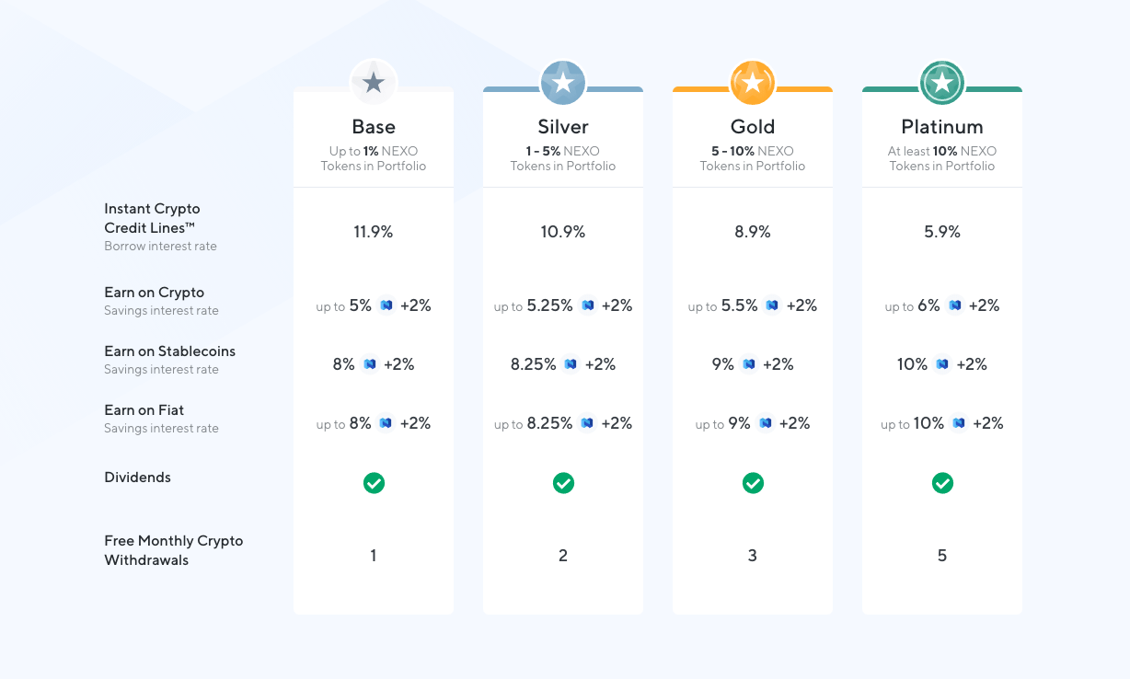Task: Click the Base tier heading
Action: click(373, 127)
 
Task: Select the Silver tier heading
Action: click(562, 127)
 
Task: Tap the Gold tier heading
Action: click(752, 127)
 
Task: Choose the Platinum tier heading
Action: click(941, 127)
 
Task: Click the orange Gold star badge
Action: click(752, 83)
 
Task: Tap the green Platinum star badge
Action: click(941, 83)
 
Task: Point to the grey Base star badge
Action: click(373, 83)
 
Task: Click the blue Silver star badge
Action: click(562, 83)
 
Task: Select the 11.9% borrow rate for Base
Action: click(373, 232)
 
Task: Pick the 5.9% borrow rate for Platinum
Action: click(941, 232)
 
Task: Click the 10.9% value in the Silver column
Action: click(562, 232)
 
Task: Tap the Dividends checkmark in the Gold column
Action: click(752, 483)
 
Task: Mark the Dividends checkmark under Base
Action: click(373, 483)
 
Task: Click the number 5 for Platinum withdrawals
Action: click(941, 556)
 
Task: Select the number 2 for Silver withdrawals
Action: click(562, 556)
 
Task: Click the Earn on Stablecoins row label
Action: click(169, 351)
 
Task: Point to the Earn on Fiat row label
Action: click(144, 410)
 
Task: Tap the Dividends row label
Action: click(137, 478)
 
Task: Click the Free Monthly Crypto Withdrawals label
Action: click(173, 550)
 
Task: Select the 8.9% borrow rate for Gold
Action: click(752, 232)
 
